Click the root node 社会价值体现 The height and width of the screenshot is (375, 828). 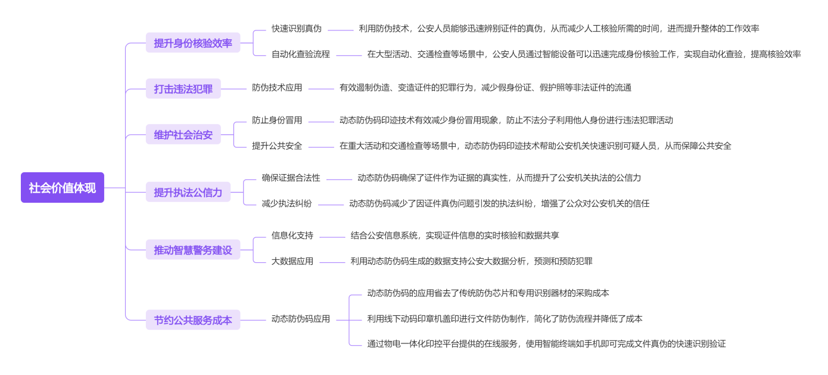(63, 188)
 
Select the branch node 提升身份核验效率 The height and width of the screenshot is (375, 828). (193, 43)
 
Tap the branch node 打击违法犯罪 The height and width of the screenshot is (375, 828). (183, 89)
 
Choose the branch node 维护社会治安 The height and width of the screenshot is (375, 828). (183, 135)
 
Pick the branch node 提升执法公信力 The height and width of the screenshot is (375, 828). (188, 192)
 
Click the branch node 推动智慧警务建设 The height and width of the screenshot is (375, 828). (193, 250)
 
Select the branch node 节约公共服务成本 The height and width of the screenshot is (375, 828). (193, 320)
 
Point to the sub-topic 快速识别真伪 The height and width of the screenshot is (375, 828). (297, 29)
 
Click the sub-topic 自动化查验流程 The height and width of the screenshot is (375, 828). (301, 54)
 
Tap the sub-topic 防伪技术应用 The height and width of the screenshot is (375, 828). (277, 88)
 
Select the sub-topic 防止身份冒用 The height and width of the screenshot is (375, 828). (277, 120)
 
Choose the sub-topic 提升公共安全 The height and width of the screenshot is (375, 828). (277, 146)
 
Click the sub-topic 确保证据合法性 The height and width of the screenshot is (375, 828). (291, 178)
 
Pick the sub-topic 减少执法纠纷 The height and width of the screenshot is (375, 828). (287, 203)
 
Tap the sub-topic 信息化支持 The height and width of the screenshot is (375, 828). (292, 235)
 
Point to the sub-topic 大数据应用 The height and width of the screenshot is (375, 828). (292, 261)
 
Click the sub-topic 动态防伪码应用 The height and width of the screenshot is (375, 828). (301, 319)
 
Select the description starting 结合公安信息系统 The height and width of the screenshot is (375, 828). (455, 235)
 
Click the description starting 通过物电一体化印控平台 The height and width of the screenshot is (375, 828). (546, 344)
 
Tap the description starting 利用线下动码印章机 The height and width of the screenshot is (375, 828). (505, 319)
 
